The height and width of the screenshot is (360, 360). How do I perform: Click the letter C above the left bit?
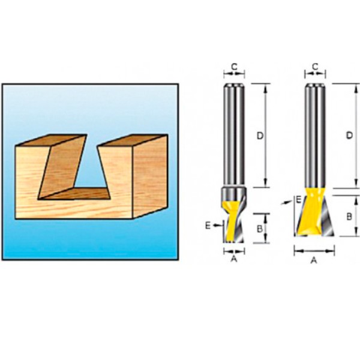234,67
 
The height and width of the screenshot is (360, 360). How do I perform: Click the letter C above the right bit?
315,67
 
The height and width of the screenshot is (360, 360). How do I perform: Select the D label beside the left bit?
260,136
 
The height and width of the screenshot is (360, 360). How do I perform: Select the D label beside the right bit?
349,136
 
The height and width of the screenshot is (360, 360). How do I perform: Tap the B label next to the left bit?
260,229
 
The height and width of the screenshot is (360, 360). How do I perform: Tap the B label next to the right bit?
349,217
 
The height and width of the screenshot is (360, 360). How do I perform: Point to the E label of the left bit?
208,226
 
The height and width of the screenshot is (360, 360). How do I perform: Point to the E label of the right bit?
298,200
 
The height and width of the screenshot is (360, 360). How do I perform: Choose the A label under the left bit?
234,259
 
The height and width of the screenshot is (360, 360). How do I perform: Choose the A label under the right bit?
314,260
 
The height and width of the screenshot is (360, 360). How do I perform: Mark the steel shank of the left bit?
234,135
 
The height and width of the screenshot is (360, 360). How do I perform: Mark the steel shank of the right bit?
315,136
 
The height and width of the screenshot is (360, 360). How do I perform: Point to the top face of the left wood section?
51,140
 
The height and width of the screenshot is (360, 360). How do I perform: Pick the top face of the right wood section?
133,140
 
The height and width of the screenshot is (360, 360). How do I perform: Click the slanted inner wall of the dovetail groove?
62,166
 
